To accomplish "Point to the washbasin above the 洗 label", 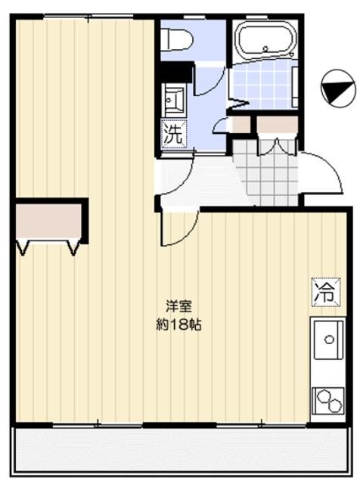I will [173, 101].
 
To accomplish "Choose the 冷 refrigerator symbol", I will [324, 292].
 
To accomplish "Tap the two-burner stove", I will [327, 399].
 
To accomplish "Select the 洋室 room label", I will [179, 307].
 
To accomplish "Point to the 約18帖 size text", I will [178, 326].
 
